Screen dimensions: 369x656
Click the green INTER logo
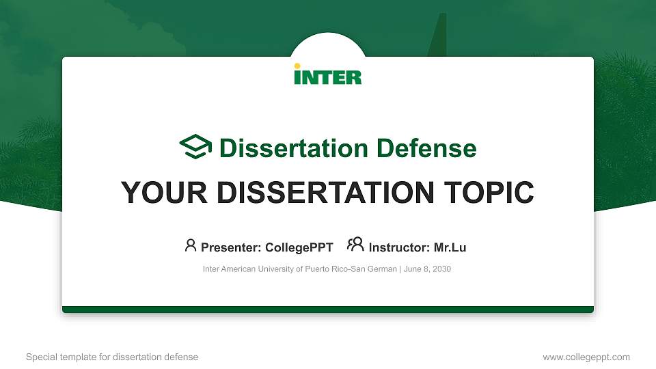click(328, 75)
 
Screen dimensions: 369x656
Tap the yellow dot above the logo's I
click(297, 66)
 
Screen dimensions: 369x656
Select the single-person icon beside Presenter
click(191, 245)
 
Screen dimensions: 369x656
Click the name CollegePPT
click(299, 247)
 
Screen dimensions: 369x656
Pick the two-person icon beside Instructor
click(355, 245)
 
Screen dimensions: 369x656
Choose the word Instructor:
click(400, 247)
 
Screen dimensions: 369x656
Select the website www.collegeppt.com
click(586, 357)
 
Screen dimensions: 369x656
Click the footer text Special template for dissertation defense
click(112, 357)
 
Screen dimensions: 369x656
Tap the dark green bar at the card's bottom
click(328, 310)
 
